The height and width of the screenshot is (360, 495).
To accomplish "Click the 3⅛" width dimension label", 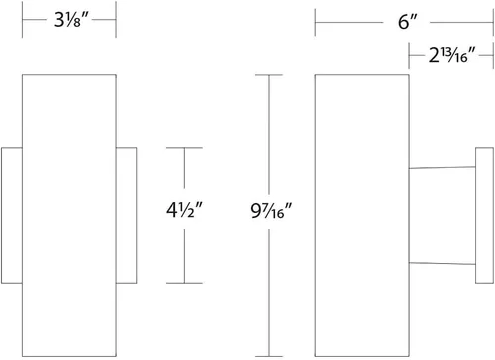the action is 71,20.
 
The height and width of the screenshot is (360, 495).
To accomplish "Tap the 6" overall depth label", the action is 408,22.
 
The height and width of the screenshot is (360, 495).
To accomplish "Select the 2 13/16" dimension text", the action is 452,55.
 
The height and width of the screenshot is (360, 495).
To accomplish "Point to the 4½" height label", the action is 184,210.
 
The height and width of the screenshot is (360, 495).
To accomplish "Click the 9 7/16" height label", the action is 271,211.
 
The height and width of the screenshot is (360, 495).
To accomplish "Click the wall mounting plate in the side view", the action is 484,216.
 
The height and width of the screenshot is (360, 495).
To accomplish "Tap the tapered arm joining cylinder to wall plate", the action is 443,216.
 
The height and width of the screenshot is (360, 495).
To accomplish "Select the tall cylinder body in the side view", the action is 362,216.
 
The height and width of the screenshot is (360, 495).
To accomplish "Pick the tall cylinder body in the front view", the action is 69,216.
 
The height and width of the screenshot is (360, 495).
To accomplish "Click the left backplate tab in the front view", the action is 12,216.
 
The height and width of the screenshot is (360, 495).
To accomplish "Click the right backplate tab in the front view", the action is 127,216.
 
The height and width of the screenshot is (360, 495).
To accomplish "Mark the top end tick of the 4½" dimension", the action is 184,148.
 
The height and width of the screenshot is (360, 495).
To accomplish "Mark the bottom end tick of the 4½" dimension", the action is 184,283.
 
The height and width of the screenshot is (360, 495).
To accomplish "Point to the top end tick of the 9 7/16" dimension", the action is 269,75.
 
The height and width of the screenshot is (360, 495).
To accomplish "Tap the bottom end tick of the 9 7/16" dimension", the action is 269,356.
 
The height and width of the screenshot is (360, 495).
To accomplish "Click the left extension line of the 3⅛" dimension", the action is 22,19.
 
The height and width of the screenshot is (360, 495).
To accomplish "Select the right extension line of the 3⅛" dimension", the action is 116,19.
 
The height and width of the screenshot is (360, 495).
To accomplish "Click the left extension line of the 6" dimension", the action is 315,22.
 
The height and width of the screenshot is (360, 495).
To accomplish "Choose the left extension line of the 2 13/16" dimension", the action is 409,55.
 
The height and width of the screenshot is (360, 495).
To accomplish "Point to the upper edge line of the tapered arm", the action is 443,168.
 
